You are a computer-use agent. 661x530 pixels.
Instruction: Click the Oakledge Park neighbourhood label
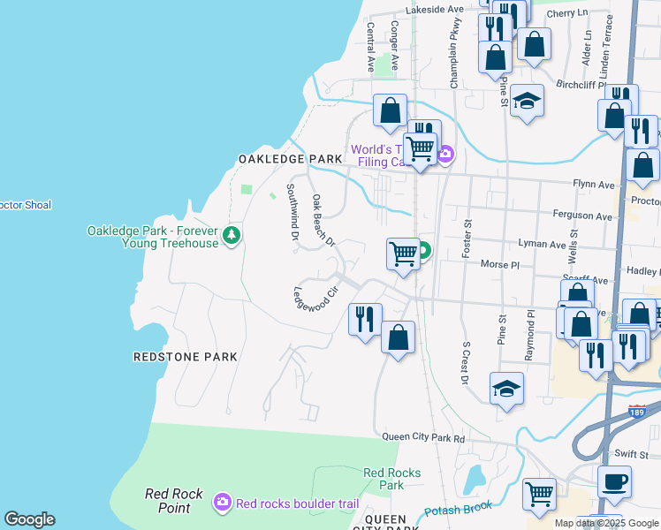[290, 159]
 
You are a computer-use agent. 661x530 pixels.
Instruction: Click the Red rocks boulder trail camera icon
[222, 503]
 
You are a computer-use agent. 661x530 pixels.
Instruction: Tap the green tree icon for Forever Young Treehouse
[232, 235]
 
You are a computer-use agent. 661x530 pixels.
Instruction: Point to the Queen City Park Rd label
[423, 437]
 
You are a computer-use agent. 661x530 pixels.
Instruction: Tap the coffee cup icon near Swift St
[615, 481]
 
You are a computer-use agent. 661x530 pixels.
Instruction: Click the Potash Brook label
[457, 511]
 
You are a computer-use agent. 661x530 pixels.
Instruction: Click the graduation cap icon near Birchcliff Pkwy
[527, 101]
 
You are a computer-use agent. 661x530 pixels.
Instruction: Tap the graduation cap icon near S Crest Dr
[507, 389]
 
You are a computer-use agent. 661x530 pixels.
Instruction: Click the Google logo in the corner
[30, 519]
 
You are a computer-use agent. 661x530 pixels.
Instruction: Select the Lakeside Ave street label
[435, 10]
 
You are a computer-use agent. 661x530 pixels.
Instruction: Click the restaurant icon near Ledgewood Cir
[365, 318]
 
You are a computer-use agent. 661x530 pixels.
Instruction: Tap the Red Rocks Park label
[384, 479]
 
